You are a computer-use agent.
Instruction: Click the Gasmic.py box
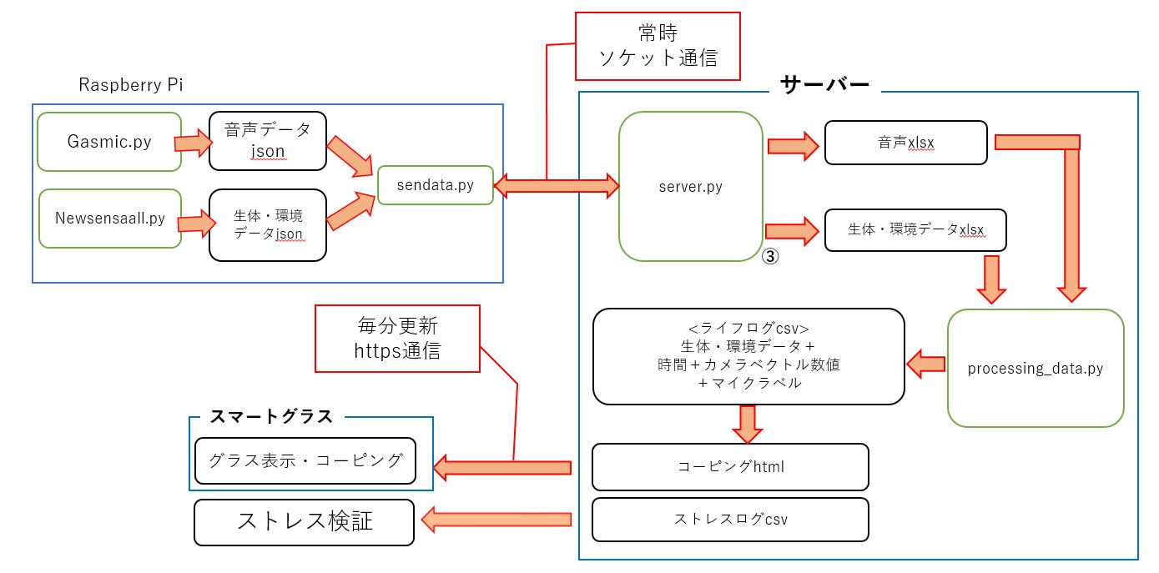tap(109, 142)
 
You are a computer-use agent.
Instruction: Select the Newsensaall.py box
tap(109, 219)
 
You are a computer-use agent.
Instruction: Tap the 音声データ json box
tap(267, 141)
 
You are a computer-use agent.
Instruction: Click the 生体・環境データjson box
tap(267, 225)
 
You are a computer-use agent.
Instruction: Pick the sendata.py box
tap(435, 185)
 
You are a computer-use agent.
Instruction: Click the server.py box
tap(690, 187)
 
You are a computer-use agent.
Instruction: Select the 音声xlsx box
tap(905, 143)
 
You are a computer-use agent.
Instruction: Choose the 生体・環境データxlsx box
tap(915, 229)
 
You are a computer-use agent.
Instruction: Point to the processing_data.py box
tap(1035, 368)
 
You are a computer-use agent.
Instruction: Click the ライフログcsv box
tap(748, 356)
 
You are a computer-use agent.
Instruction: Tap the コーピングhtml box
tap(730, 466)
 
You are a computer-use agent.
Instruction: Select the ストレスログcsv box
tap(730, 519)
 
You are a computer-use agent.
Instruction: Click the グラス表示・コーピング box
tap(305, 460)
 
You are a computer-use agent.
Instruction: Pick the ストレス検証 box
tap(304, 522)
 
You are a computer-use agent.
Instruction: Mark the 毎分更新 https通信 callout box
tap(397, 338)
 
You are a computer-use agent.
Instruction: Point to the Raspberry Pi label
tap(131, 85)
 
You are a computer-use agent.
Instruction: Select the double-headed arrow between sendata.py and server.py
tap(556, 185)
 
